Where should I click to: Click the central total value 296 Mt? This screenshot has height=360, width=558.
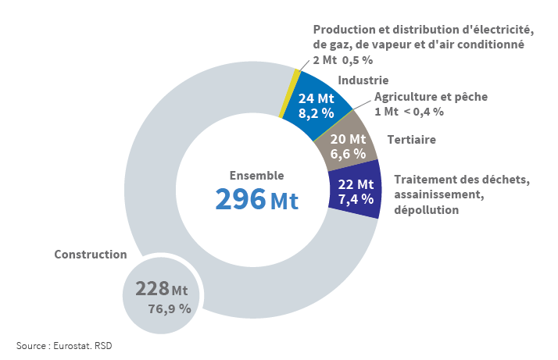(x=256, y=199)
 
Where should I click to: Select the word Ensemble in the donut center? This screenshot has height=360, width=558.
(x=256, y=176)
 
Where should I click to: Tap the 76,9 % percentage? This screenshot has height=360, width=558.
(x=170, y=308)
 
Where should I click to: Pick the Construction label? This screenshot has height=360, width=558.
(x=90, y=255)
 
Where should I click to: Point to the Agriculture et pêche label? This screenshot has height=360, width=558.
(x=431, y=97)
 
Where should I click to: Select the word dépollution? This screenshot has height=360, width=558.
(x=426, y=210)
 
